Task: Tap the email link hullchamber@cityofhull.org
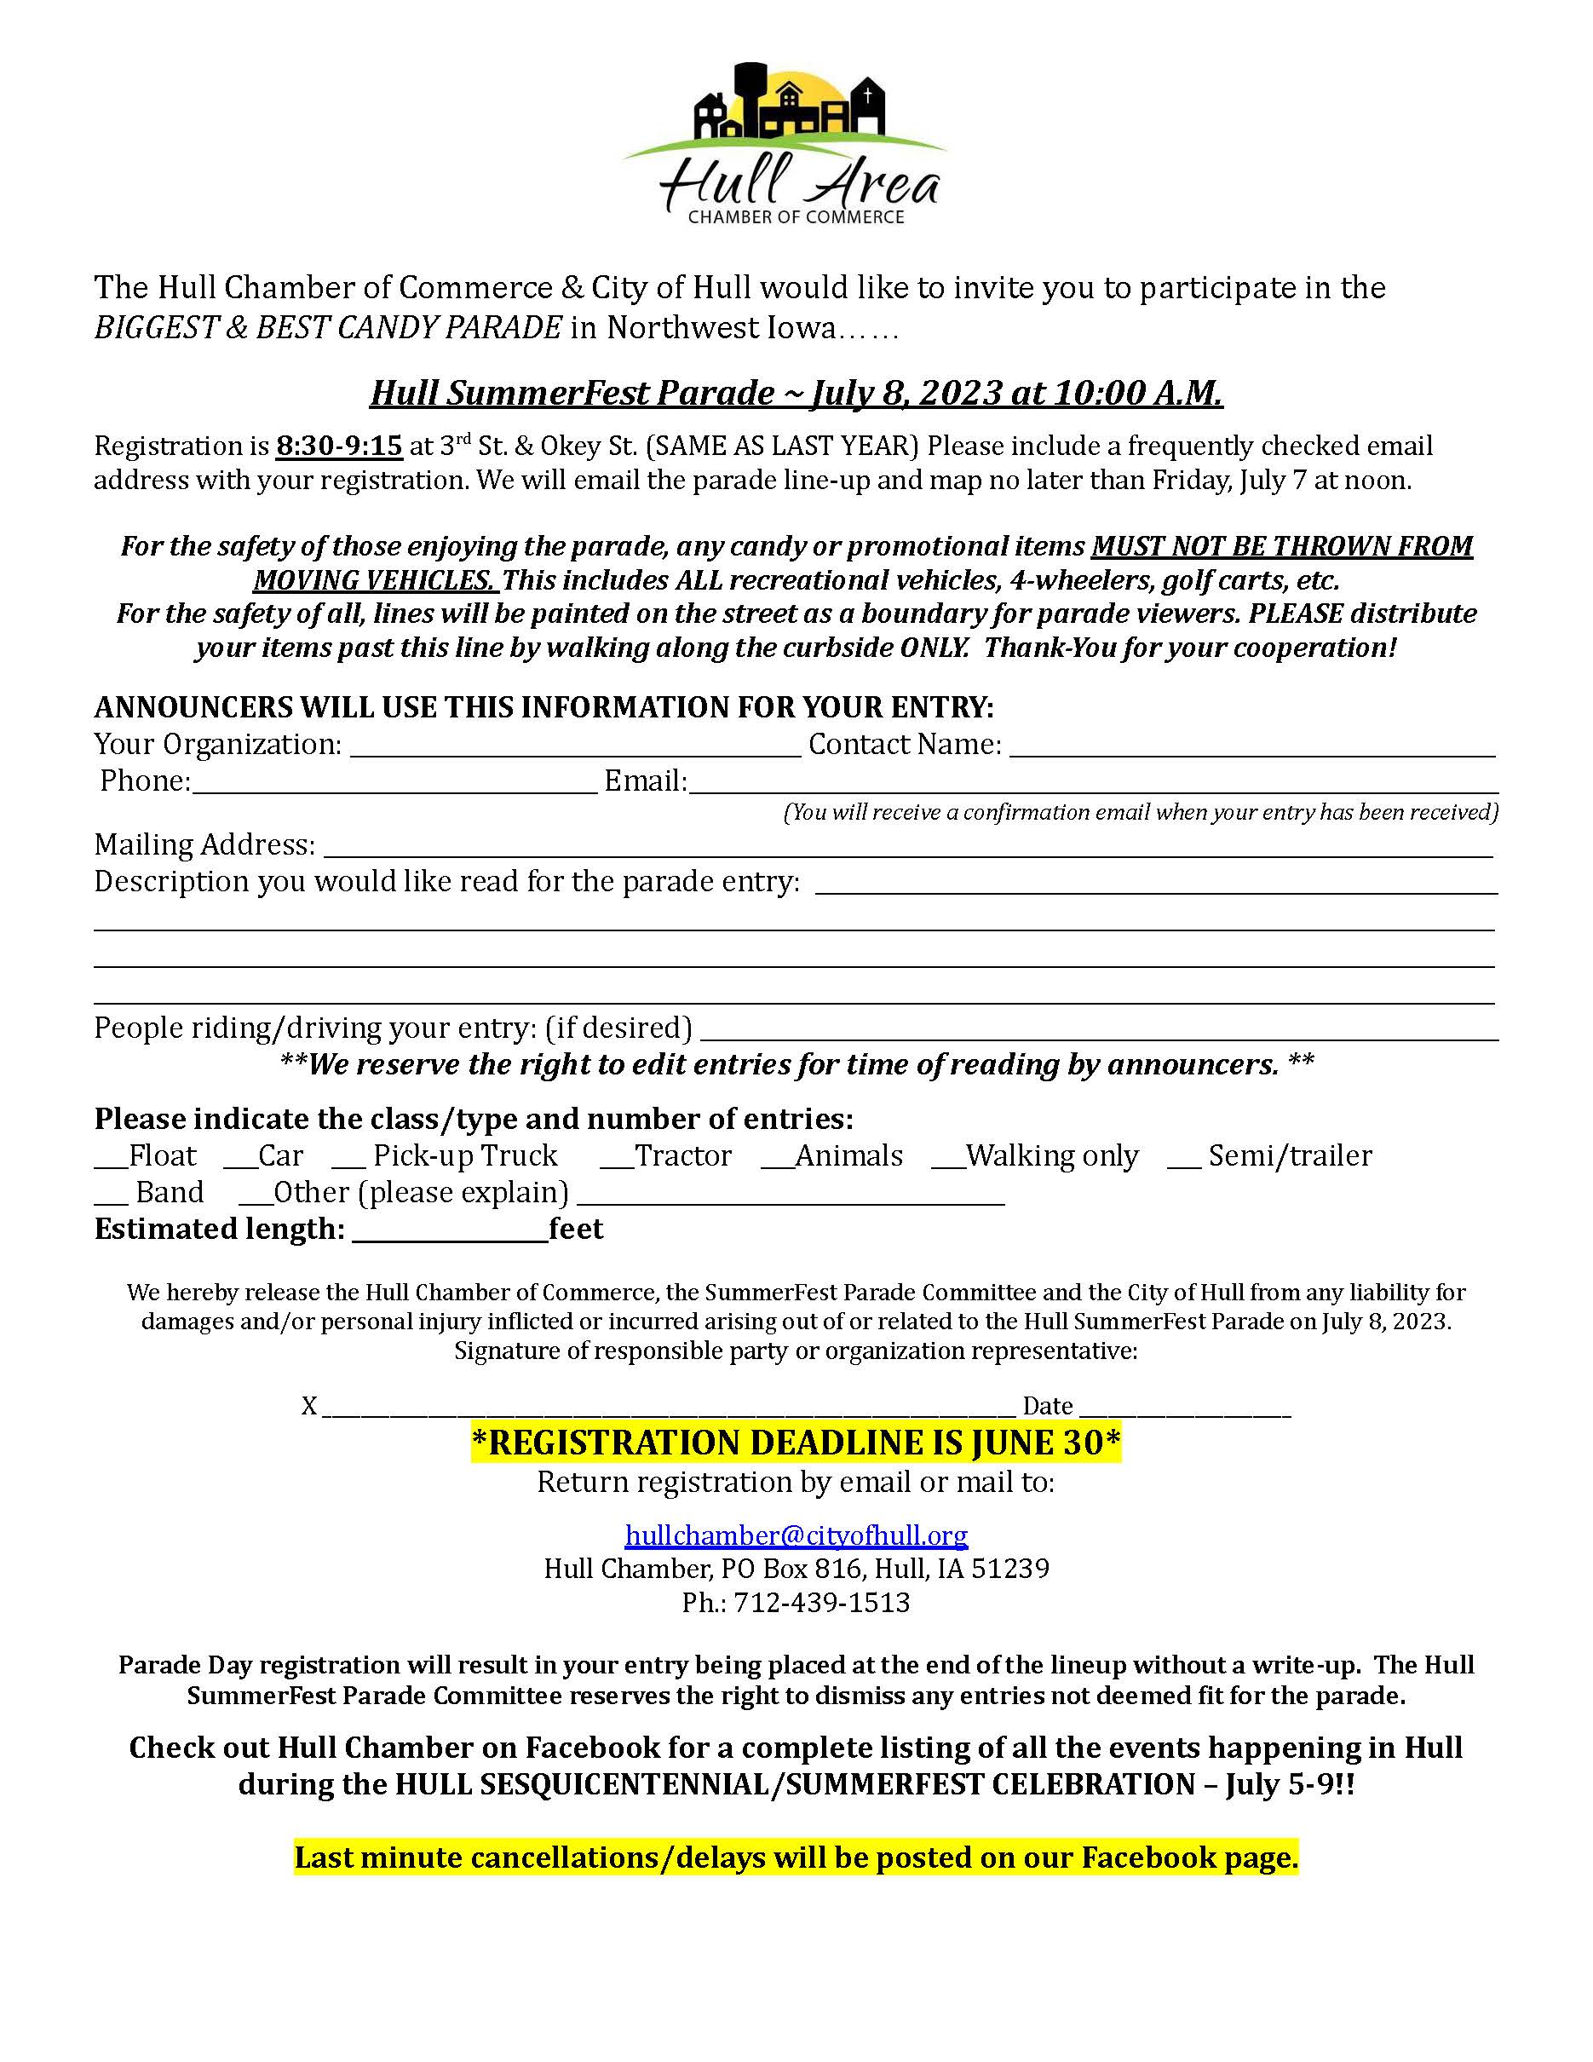tap(796, 1535)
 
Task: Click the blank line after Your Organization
tap(575, 746)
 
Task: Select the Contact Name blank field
tap(1251, 746)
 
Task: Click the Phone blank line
tap(394, 784)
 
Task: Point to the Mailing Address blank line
tap(907, 847)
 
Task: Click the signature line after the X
tap(668, 1408)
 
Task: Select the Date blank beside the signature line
tap(1183, 1408)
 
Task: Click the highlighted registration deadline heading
tap(796, 1443)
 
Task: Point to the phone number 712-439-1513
tap(821, 1603)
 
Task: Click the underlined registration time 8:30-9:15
tap(339, 446)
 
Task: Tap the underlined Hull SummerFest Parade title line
tap(796, 392)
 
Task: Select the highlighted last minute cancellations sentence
tap(796, 1858)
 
